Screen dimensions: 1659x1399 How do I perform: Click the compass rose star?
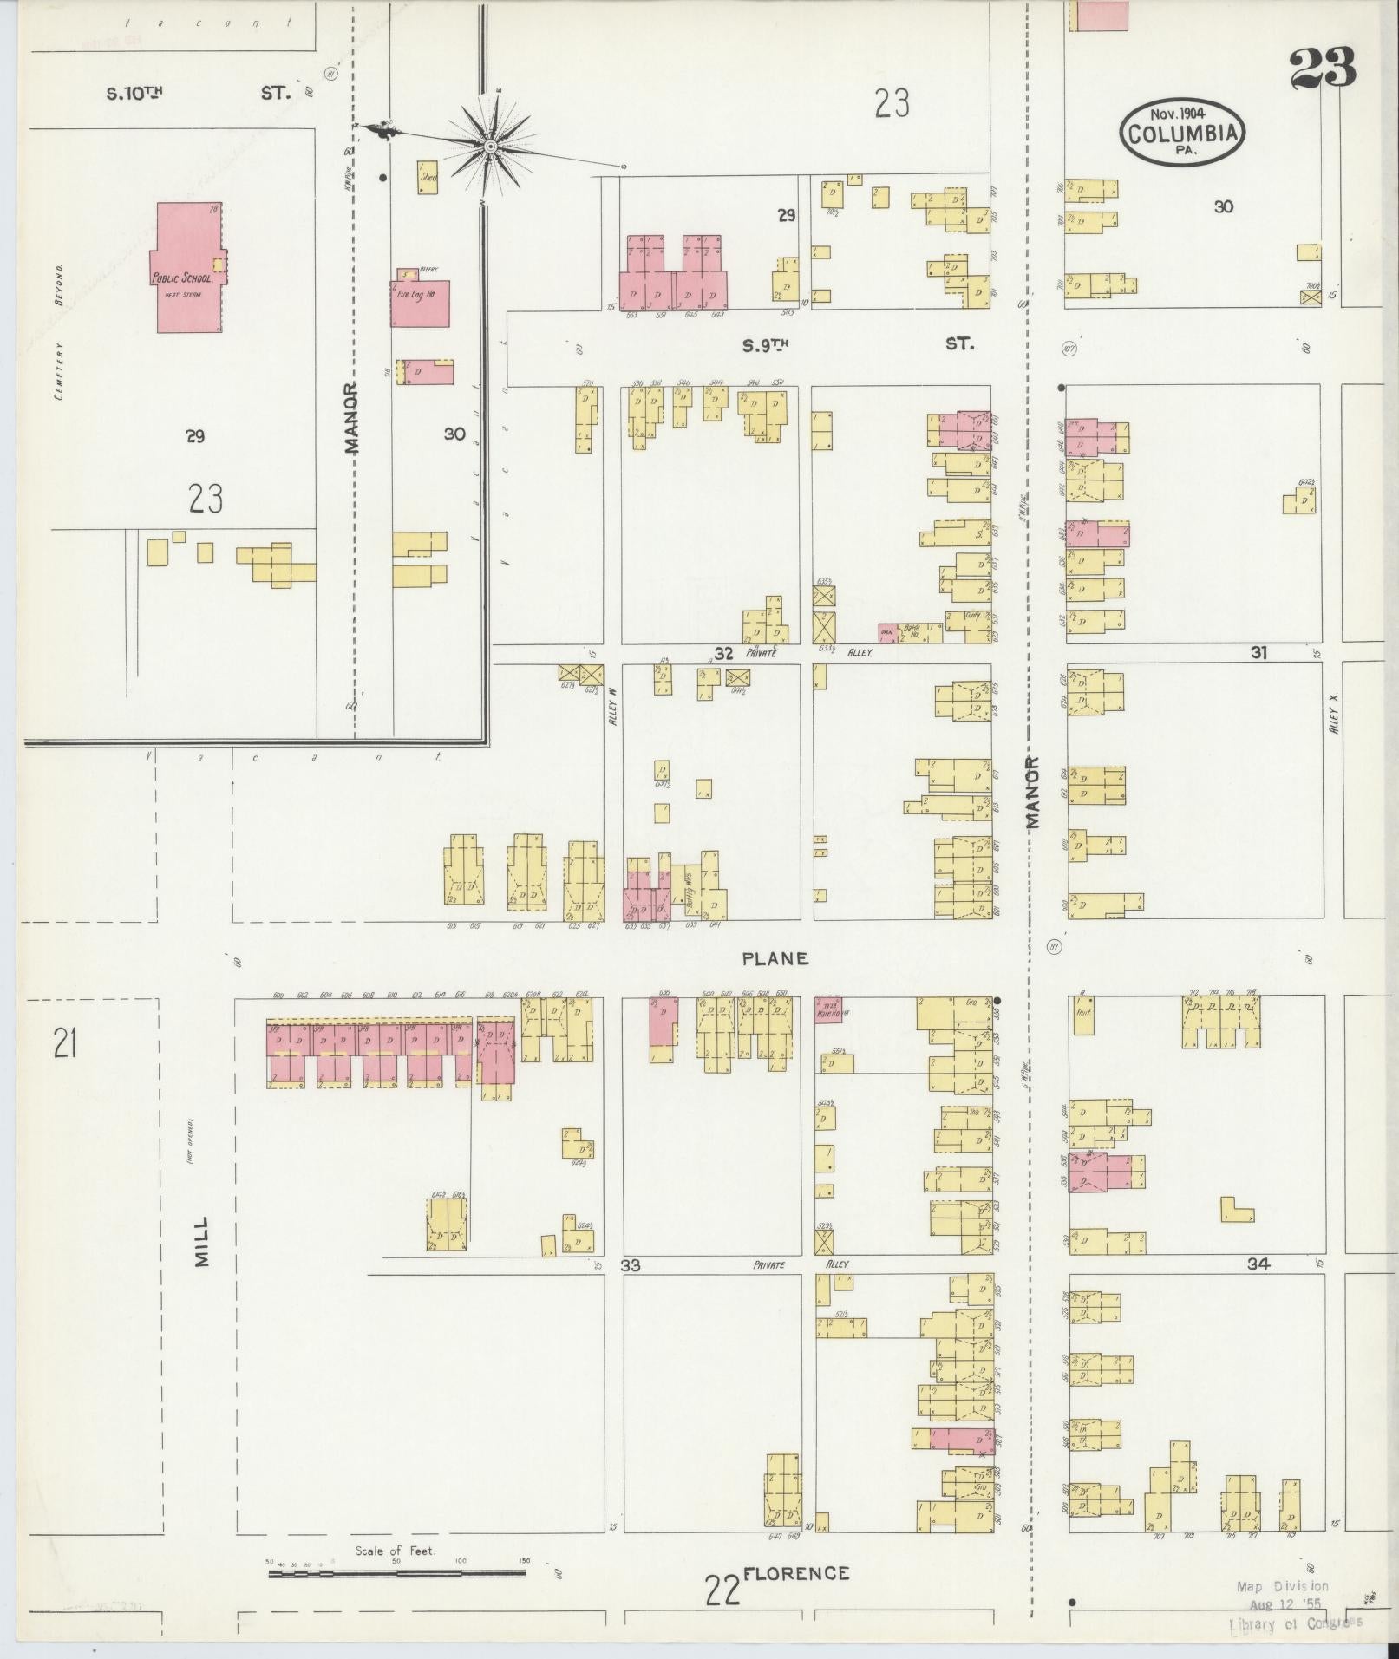(490, 147)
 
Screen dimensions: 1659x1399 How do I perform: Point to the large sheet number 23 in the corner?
(1322, 69)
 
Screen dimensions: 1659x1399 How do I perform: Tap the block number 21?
(65, 1042)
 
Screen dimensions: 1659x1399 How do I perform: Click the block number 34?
(1258, 1264)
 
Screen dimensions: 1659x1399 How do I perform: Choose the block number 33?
(631, 1265)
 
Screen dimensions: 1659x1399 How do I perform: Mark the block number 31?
(1258, 653)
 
